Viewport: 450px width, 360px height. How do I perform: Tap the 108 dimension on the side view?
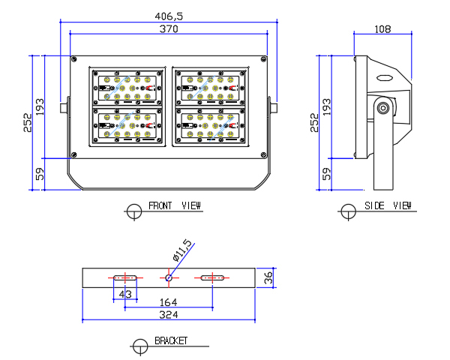[x=382, y=28]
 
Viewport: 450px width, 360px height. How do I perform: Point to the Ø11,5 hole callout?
[x=182, y=250]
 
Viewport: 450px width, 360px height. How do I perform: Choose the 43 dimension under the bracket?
[x=125, y=295]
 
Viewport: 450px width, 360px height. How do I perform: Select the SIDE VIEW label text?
[x=388, y=205]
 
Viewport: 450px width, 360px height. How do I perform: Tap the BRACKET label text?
[x=170, y=340]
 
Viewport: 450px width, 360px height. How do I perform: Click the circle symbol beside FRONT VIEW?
[x=134, y=211]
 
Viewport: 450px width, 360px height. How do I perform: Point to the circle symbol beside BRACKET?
[x=139, y=346]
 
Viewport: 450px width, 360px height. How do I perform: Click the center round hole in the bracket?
[x=169, y=277]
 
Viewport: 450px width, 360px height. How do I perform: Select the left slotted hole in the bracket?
[x=123, y=277]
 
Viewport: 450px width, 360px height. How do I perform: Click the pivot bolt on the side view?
[x=383, y=108]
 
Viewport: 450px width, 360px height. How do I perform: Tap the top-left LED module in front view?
[x=127, y=88]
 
